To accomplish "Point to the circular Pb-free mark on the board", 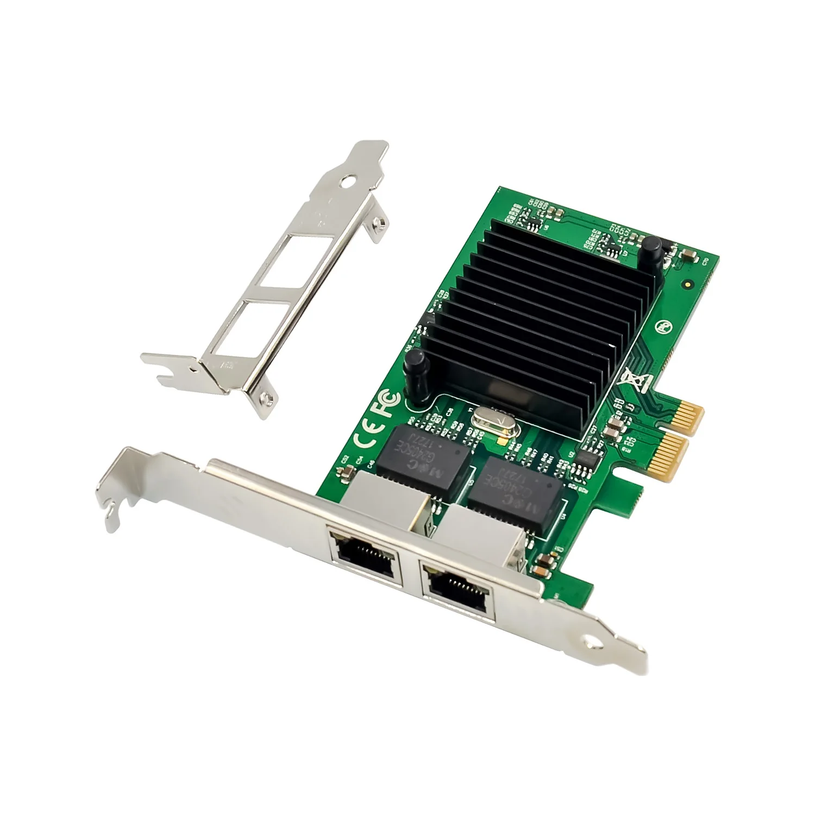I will (663, 326).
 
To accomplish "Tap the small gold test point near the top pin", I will (688, 283).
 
